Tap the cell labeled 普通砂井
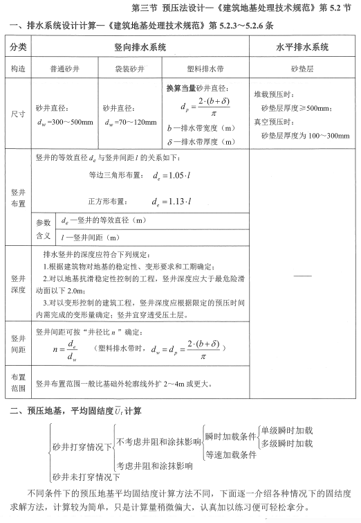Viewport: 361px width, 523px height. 66,69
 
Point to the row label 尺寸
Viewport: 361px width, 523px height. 19,113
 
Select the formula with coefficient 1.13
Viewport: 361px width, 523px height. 172,202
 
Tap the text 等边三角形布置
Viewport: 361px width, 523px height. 115,175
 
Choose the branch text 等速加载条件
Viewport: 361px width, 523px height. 231,454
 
